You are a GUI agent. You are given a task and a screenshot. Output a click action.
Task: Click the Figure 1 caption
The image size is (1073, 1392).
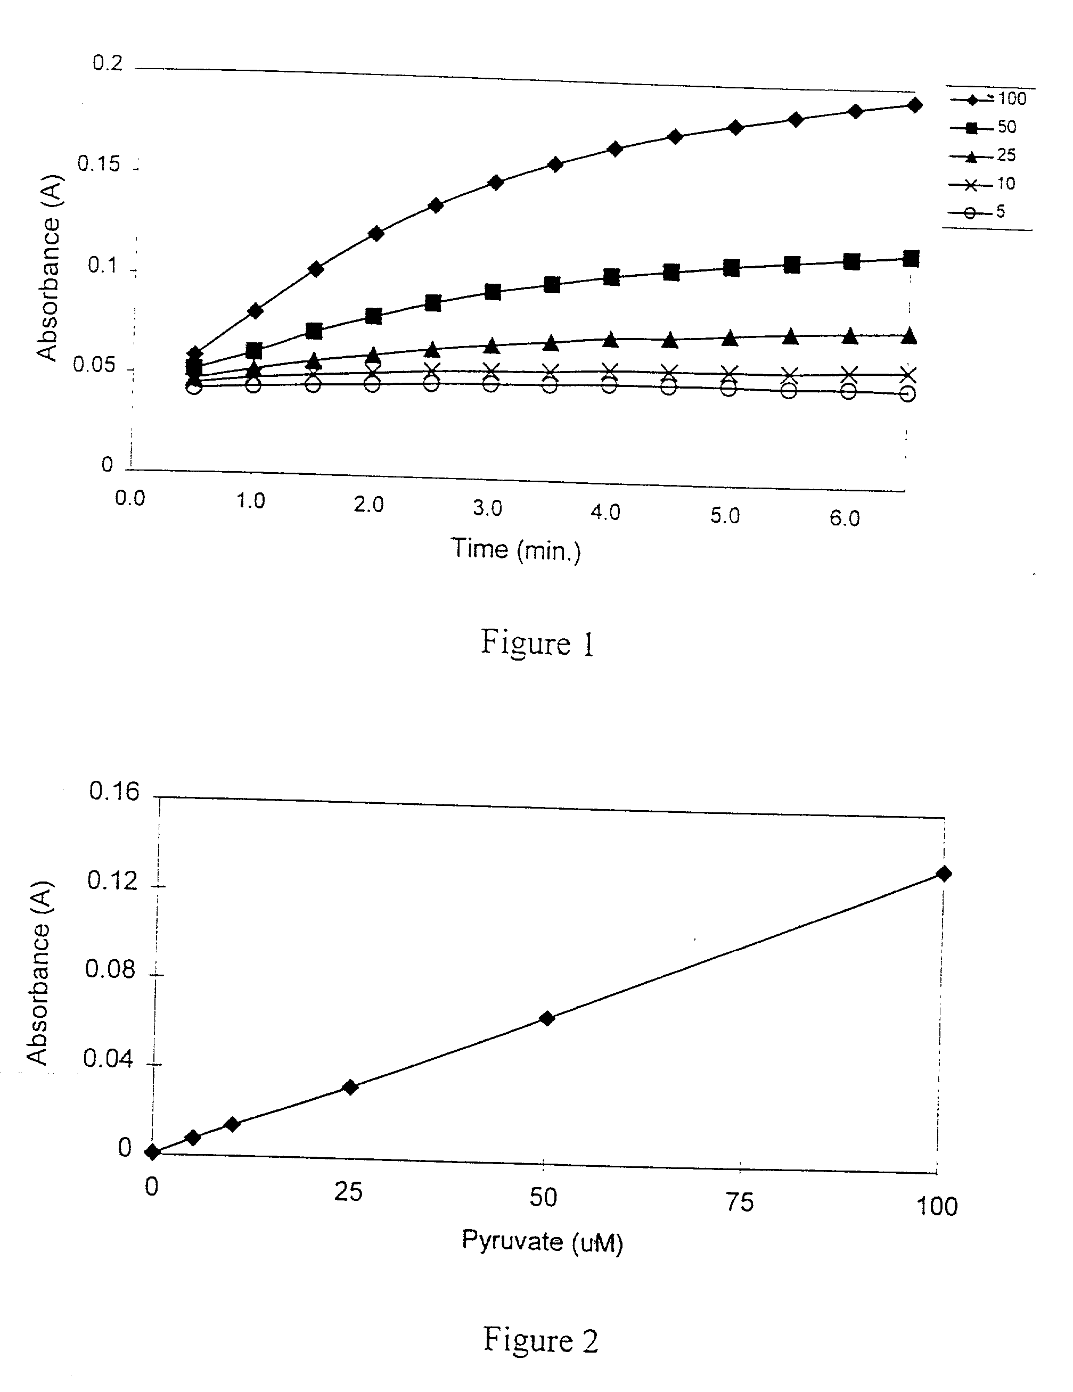tap(537, 643)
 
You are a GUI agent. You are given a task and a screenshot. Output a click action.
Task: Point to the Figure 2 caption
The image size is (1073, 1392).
tap(540, 1339)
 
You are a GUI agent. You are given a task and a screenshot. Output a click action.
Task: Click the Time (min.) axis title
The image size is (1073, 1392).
tap(517, 549)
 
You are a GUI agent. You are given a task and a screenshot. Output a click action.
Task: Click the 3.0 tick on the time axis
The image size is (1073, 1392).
tap(488, 508)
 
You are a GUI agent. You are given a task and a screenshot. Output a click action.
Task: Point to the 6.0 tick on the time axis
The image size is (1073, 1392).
tap(845, 518)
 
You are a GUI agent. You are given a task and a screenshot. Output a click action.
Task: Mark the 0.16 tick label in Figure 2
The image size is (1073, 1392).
tap(113, 792)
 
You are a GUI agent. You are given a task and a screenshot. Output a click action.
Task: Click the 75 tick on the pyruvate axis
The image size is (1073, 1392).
tap(740, 1202)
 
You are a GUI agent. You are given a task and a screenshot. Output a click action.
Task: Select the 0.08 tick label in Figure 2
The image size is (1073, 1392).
tap(110, 969)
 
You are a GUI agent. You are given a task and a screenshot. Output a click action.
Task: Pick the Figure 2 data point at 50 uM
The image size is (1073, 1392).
tap(546, 1018)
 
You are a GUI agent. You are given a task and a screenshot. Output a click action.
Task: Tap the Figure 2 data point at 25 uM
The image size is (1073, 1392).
tap(349, 1086)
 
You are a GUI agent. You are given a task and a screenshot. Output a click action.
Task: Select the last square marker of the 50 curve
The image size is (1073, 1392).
tap(911, 259)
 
